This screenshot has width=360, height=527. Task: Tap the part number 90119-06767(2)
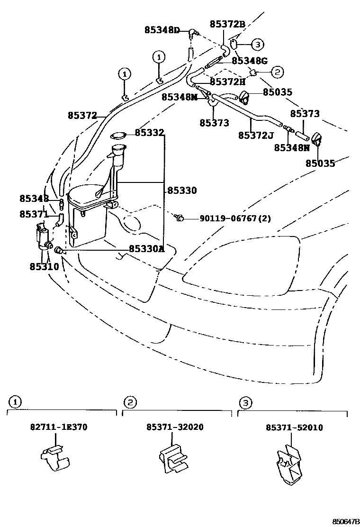[x=235, y=218]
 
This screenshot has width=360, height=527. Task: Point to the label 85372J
[x=256, y=136]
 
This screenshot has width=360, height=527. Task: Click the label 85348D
[x=162, y=30]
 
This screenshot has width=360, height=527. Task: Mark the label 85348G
[x=250, y=61]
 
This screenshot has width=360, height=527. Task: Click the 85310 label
[x=44, y=266]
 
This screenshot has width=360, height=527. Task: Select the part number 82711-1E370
[x=59, y=427]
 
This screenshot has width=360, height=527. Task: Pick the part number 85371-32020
[x=175, y=427]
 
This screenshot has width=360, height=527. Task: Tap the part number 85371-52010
[x=294, y=427]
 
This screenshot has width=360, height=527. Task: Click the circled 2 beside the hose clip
[x=277, y=72]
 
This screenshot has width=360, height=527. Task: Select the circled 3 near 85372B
[x=257, y=45]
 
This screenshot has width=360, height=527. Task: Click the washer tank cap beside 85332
[x=118, y=137]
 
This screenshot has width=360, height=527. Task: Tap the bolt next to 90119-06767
[x=179, y=218]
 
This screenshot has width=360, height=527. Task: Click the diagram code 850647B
[x=346, y=521]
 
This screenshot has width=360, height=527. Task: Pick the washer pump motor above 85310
[x=44, y=237]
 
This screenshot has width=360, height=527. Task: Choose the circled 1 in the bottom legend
[x=16, y=402]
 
